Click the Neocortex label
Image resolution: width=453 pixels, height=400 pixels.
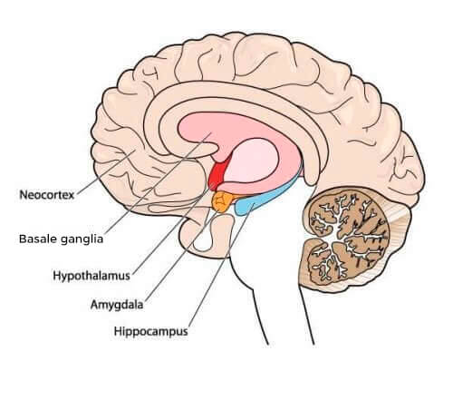coord(47,195)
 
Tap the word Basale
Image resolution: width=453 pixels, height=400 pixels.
coord(38,239)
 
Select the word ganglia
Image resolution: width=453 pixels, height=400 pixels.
coord(82,239)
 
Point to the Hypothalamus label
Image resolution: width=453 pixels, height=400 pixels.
coord(92,276)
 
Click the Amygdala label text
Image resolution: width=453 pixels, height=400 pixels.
coord(117,305)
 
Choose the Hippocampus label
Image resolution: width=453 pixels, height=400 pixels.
coord(150,331)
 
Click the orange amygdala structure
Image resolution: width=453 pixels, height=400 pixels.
coord(223,201)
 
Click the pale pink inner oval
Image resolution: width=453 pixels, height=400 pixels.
coord(252,161)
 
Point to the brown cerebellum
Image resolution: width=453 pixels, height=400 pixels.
coord(346,236)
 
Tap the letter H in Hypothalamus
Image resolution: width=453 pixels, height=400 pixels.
coord(57,276)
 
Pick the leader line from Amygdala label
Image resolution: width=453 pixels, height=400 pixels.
coord(180,255)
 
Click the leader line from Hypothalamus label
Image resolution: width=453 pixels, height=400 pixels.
coord(172,229)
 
